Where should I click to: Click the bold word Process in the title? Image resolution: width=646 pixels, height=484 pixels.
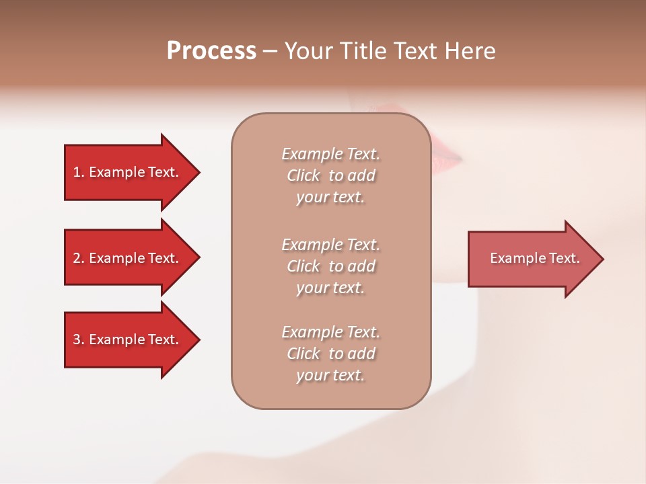(211, 51)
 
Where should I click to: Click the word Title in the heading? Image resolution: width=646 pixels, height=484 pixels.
(364, 51)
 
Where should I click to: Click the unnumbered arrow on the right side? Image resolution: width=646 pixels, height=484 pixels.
(532, 259)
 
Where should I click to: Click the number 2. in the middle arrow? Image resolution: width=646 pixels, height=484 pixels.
(79, 258)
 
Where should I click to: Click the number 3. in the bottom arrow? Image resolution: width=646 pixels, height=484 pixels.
(79, 339)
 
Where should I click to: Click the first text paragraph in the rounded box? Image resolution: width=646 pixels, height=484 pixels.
(330, 175)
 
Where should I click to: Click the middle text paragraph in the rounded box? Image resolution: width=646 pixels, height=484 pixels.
(330, 266)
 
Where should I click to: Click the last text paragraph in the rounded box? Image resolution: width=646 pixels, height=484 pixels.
(330, 354)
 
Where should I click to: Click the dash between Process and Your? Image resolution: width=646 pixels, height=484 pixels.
(270, 51)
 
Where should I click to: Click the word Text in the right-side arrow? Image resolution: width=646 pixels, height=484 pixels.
(565, 258)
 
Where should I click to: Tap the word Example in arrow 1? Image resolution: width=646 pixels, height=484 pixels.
(116, 172)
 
